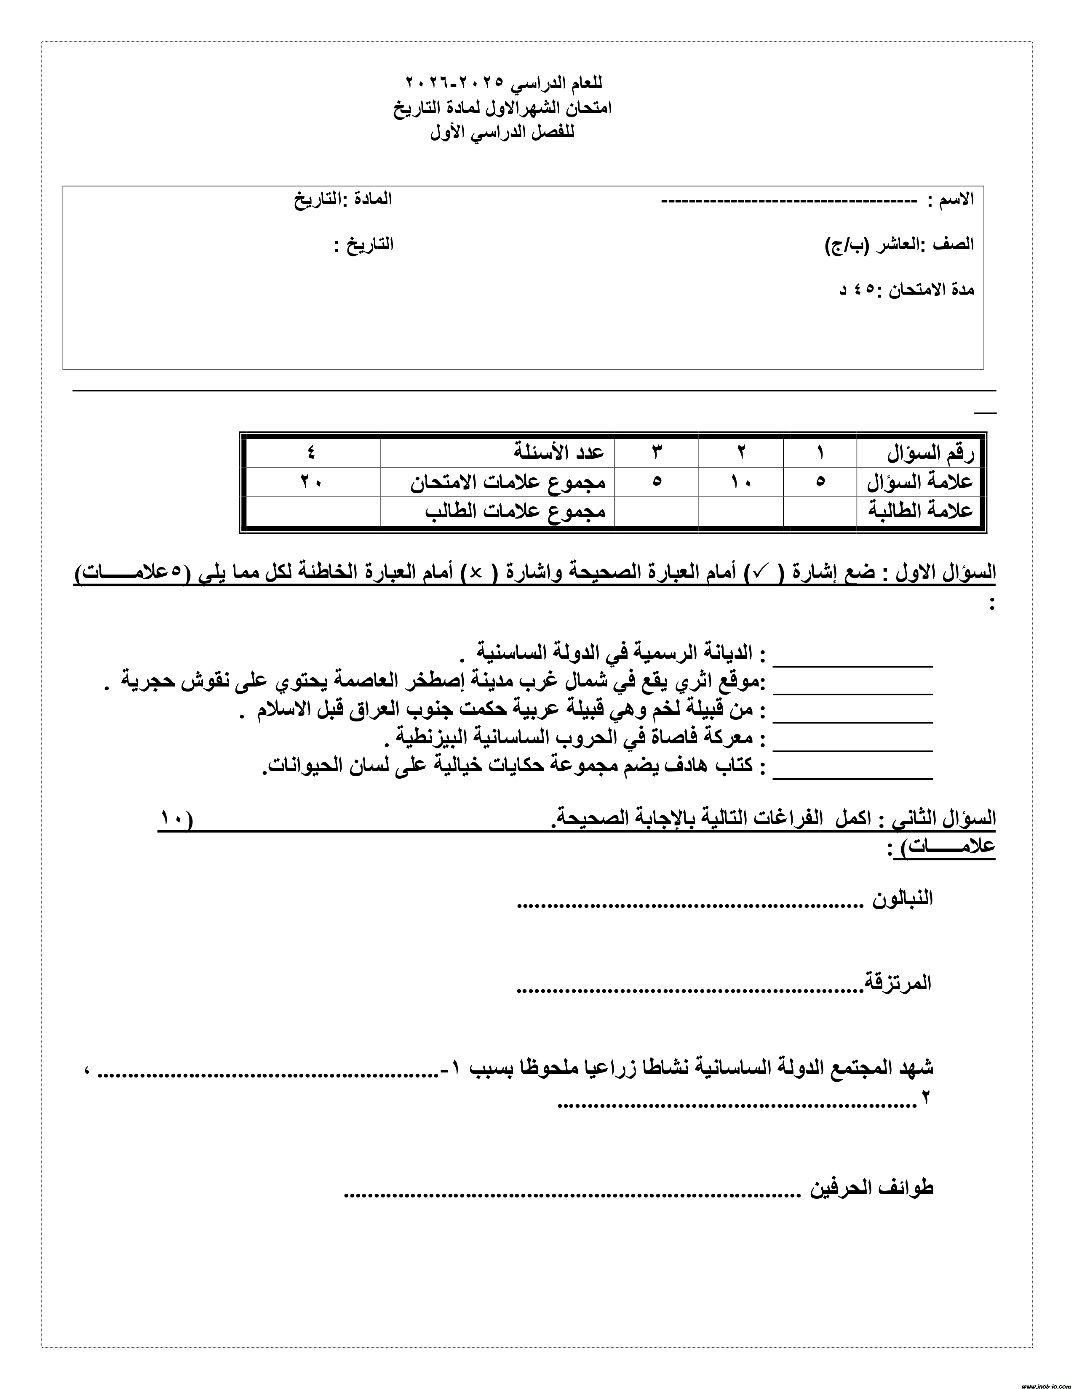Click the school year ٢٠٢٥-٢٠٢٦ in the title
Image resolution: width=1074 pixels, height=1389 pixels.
tap(454, 82)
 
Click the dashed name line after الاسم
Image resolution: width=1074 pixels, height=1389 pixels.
tap(789, 201)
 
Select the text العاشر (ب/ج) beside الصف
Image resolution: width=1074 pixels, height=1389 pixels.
tap(872, 245)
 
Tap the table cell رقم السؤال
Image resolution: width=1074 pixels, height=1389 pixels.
tap(930, 453)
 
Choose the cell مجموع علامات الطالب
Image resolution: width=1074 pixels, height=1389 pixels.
tap(516, 511)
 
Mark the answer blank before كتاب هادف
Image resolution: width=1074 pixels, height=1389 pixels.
tap(852, 775)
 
